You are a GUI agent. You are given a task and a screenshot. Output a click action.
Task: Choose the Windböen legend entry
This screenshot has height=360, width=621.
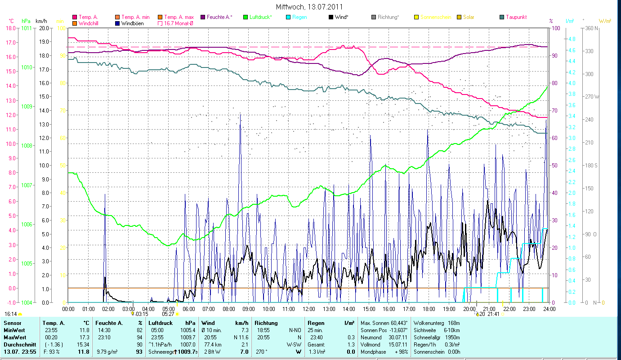(x=132, y=23)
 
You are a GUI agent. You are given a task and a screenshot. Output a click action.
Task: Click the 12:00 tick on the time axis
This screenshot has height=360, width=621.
(x=309, y=309)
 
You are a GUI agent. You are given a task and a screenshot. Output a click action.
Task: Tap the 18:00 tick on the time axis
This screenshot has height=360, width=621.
(x=429, y=309)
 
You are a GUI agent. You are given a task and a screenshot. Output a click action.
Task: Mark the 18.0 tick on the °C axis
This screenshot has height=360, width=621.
(x=11, y=28)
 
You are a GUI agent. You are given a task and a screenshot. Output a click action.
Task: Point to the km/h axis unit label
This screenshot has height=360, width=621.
(x=41, y=21)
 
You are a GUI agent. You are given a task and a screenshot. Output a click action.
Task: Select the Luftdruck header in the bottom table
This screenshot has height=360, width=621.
(x=160, y=323)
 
